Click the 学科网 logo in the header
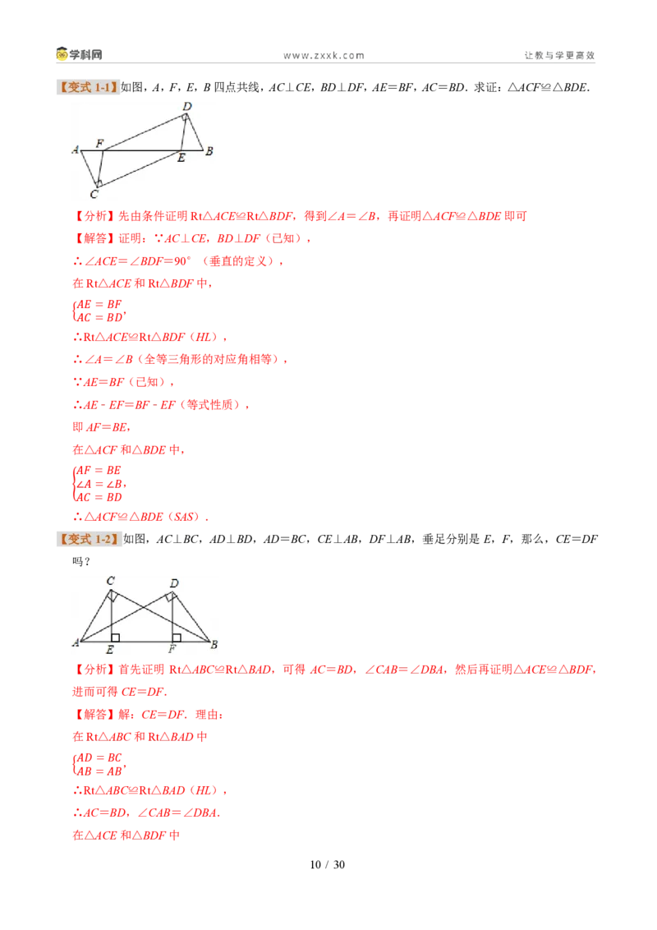(x=79, y=54)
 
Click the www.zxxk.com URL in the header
(x=324, y=55)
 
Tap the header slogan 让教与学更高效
(x=559, y=55)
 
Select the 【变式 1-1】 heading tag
(x=88, y=87)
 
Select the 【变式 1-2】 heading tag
(x=89, y=539)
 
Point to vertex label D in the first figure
(x=187, y=106)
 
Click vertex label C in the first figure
(x=94, y=194)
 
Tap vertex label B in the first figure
(x=209, y=151)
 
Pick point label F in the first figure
(x=99, y=144)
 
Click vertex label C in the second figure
(x=110, y=581)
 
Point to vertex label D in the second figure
(x=174, y=583)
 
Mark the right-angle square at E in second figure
(x=116, y=638)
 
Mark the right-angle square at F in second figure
(x=176, y=638)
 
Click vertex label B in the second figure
(x=214, y=644)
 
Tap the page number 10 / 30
(x=328, y=865)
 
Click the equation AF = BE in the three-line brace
(x=99, y=470)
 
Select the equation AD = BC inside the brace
(x=99, y=757)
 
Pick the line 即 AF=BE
(x=101, y=427)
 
